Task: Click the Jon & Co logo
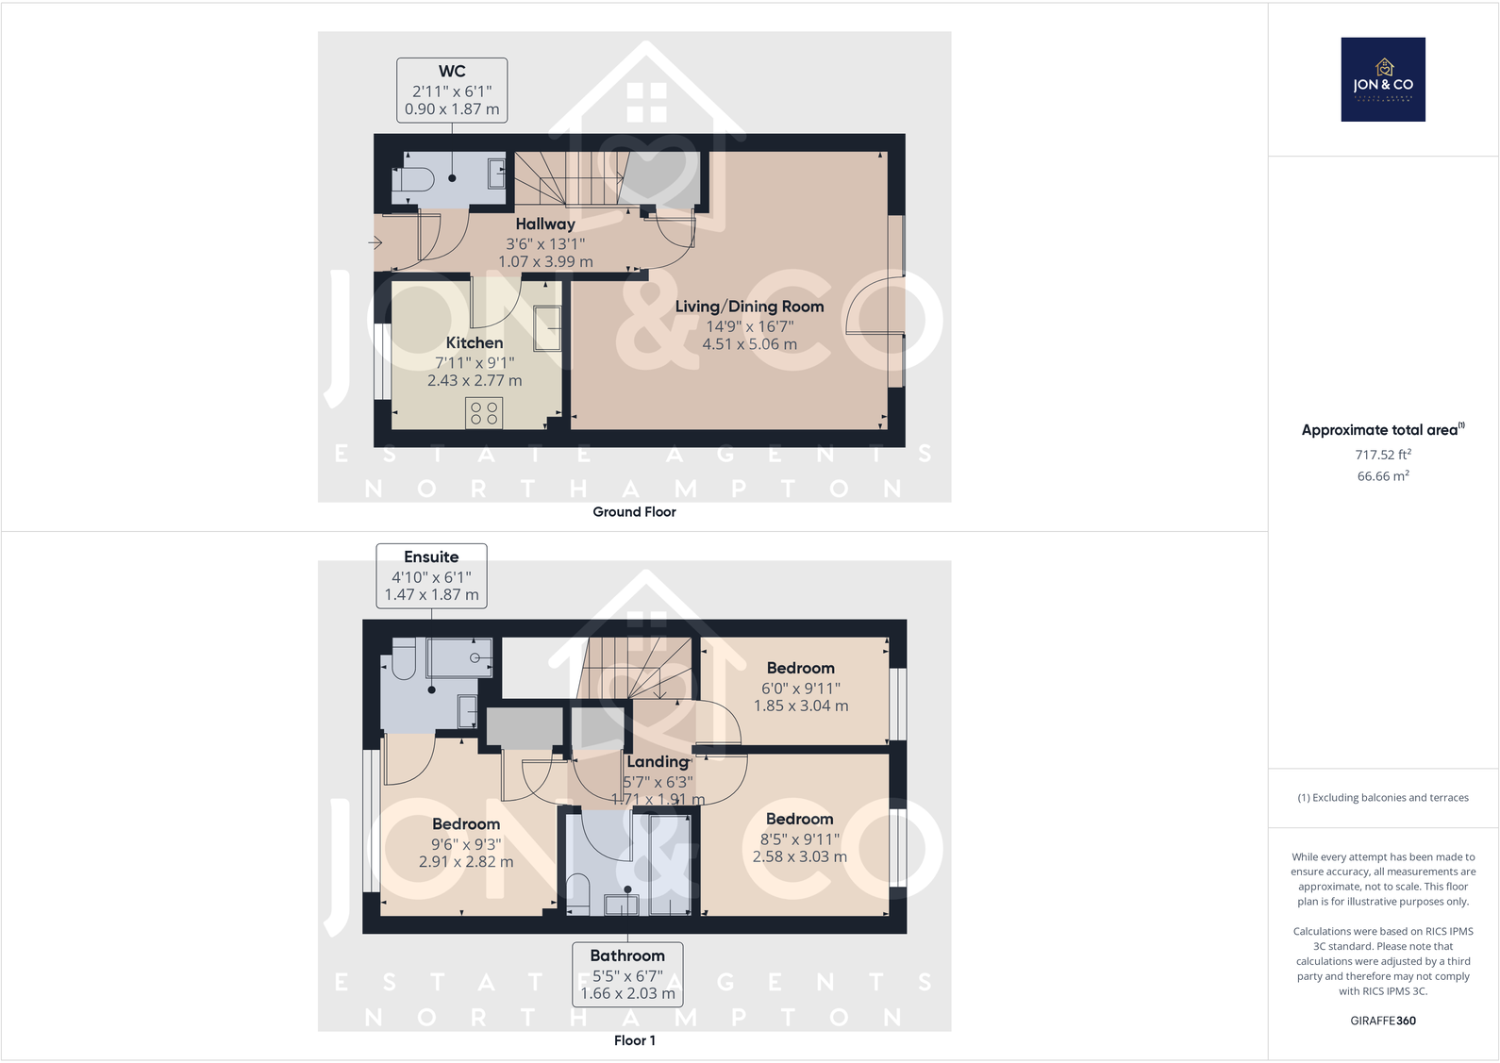[x=1383, y=79]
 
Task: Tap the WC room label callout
[x=452, y=90]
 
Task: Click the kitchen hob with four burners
[x=484, y=412]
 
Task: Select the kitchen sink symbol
[x=547, y=327]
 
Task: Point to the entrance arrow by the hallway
[x=375, y=242]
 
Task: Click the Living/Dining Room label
[x=749, y=307]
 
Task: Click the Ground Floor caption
[x=634, y=511]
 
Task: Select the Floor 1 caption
[x=634, y=1040]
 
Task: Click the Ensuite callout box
[x=431, y=575]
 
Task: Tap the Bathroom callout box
[x=627, y=974]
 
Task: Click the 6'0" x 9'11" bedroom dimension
[x=800, y=689]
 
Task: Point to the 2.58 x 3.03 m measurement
[x=799, y=856]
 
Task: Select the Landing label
[x=658, y=761]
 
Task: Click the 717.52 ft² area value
[x=1383, y=455]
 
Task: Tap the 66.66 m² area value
[x=1383, y=476]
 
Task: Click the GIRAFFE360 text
[x=1383, y=1021]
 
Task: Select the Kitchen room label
[x=475, y=343]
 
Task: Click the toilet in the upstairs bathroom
[x=577, y=892]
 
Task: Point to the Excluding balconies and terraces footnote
[x=1383, y=798]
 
